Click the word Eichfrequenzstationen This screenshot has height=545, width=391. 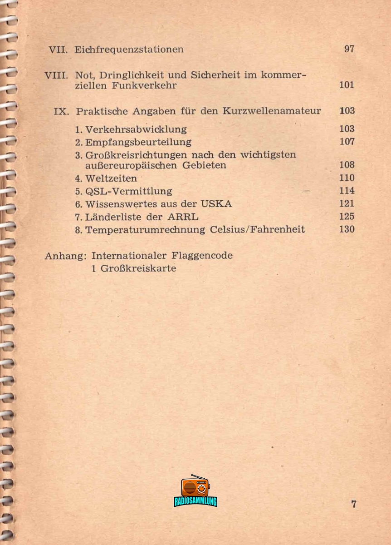(129, 50)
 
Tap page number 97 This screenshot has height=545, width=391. (349, 49)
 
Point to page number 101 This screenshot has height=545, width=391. (347, 85)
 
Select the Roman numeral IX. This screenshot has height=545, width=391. (61, 111)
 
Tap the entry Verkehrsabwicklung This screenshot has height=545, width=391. (136, 129)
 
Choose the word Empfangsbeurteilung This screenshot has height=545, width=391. (138, 142)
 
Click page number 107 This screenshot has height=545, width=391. (347, 142)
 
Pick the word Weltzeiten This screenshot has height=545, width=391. (111, 178)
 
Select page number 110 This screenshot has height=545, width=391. (347, 178)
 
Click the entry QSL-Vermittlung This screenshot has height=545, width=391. (128, 191)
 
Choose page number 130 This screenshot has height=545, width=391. (347, 229)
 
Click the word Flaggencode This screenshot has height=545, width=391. (202, 256)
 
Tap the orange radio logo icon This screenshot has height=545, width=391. (195, 486)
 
